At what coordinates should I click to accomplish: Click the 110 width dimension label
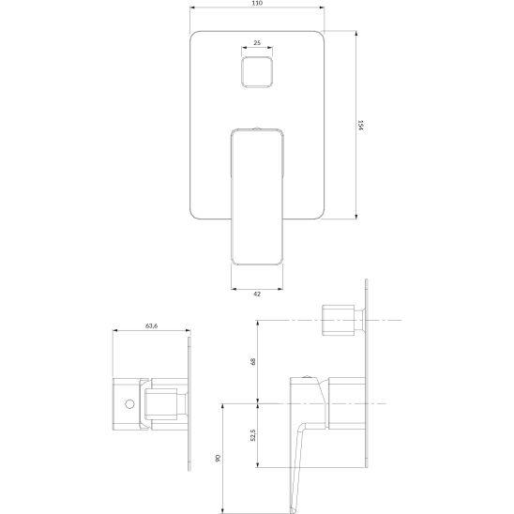(x=257, y=3)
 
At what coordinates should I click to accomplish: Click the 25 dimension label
(x=257, y=42)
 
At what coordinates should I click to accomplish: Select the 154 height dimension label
(x=360, y=125)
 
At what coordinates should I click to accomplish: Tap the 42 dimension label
(x=257, y=294)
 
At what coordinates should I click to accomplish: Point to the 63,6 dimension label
(x=151, y=325)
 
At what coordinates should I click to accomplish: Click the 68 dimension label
(x=252, y=361)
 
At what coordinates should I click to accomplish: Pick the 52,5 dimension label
(x=252, y=435)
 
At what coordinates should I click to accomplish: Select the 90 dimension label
(x=218, y=459)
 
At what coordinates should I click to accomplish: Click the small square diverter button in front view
(x=257, y=72)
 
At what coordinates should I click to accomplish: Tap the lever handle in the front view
(x=257, y=197)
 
